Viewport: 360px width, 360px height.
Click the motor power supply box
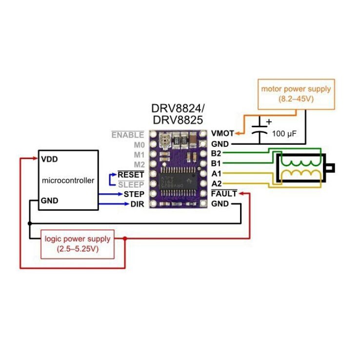296,94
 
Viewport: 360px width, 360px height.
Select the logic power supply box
78,243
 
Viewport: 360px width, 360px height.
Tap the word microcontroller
68,180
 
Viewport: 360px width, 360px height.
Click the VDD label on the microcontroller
49,159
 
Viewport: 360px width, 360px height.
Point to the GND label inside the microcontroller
50,200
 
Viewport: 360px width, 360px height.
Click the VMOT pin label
221,133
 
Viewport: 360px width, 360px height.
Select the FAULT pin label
224,194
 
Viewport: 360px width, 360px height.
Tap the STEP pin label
134,194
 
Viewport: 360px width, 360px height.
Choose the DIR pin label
137,204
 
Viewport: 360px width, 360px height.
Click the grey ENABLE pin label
128,135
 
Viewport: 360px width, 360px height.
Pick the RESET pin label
131,174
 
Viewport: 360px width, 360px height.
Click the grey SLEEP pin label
131,184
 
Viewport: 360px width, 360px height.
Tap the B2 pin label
216,153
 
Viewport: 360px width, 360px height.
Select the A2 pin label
216,183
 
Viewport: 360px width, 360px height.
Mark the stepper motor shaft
330,168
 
